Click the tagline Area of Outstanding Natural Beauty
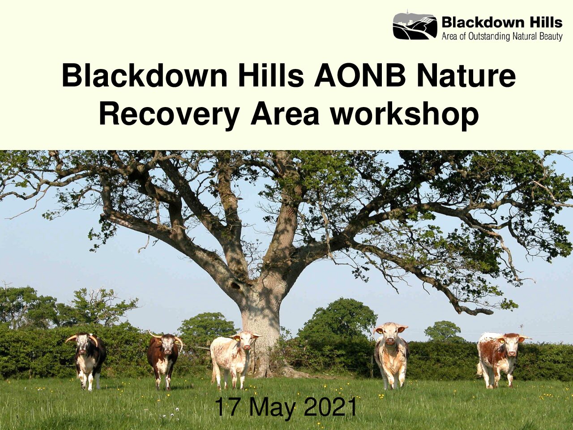point(502,37)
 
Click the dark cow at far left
point(87,360)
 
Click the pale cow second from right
point(391,355)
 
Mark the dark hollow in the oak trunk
point(236,285)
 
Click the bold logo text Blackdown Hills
point(502,22)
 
